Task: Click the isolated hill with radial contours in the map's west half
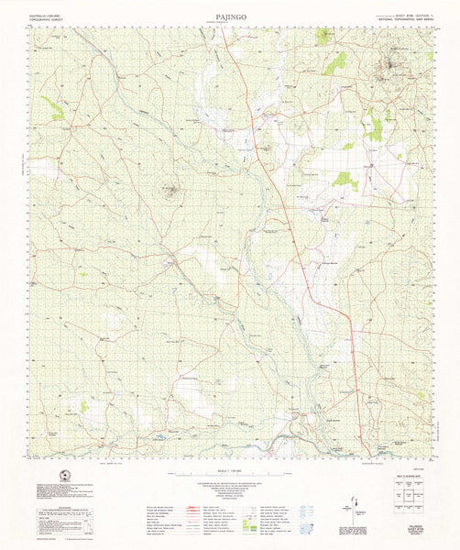click(x=170, y=191)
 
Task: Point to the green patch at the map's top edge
click(x=324, y=37)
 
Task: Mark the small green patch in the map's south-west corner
click(x=84, y=405)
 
